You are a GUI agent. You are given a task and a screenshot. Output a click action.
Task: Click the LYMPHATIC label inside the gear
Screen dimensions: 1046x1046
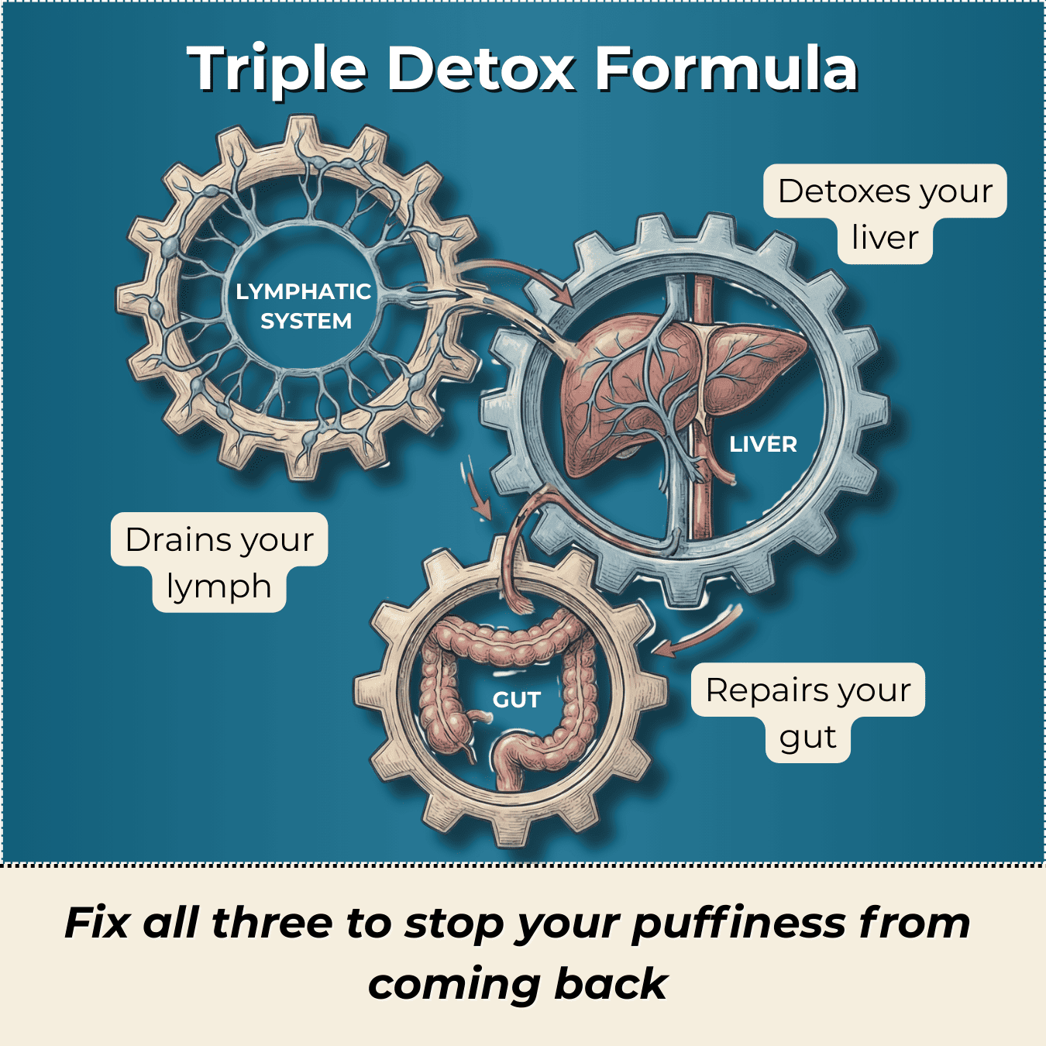(304, 291)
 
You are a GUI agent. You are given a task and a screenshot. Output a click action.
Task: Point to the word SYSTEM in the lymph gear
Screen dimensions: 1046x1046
(306, 321)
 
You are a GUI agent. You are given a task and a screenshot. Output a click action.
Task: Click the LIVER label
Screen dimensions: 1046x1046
(763, 444)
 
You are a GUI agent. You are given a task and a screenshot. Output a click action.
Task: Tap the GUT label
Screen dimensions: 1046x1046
(516, 700)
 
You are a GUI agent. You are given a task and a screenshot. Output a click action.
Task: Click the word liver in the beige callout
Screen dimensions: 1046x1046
(884, 238)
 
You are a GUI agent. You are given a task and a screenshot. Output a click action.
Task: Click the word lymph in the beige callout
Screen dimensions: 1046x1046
(218, 587)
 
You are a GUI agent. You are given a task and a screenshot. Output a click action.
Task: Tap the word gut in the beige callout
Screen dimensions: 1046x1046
(807, 738)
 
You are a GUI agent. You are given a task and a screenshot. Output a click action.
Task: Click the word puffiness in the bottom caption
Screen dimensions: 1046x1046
(738, 923)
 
